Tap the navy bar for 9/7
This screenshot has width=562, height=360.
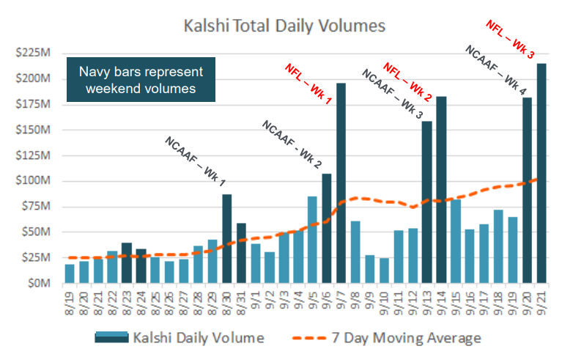click(341, 183)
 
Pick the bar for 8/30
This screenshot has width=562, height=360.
click(227, 238)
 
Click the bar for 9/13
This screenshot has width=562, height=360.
click(426, 202)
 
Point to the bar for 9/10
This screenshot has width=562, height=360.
click(384, 270)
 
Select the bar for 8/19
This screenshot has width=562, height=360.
click(70, 273)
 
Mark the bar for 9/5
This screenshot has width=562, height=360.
click(312, 239)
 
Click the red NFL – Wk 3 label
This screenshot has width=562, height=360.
click(510, 39)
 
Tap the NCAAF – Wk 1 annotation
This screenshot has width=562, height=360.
click(195, 160)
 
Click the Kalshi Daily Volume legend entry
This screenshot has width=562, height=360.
click(179, 337)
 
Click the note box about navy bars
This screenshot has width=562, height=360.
click(141, 79)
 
